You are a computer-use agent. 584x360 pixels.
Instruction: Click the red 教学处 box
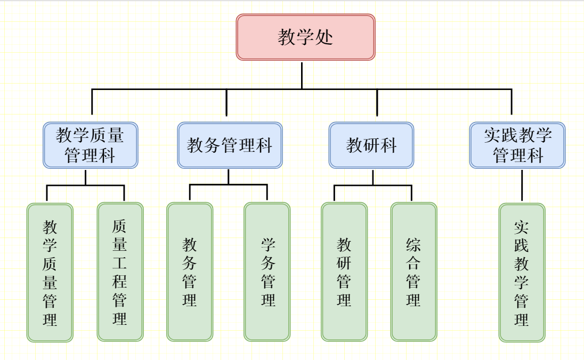point(305,37)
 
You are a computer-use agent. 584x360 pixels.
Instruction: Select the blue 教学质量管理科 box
point(90,145)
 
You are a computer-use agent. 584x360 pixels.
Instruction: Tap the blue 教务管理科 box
point(230,145)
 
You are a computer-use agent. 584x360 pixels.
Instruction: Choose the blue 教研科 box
point(371,145)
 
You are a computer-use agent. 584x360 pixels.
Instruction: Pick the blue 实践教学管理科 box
point(517,145)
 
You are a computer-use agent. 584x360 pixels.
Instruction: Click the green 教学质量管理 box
point(50,272)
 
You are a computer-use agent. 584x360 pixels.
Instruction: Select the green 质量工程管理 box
point(120,272)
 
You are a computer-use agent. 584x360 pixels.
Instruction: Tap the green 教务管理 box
point(190,272)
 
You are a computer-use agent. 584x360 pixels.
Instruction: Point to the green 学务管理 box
point(267,272)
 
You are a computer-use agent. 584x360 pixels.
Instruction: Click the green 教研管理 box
point(344,272)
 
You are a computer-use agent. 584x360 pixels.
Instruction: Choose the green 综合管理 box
point(413,272)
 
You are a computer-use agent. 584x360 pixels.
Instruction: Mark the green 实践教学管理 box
point(522,272)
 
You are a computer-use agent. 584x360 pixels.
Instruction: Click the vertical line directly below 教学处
point(302,75)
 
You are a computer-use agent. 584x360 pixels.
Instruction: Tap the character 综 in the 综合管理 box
point(413,245)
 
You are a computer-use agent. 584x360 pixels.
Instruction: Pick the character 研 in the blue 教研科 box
point(371,145)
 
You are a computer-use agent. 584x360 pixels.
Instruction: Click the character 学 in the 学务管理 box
point(268,245)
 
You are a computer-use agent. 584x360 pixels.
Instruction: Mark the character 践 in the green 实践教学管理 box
point(522,246)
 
